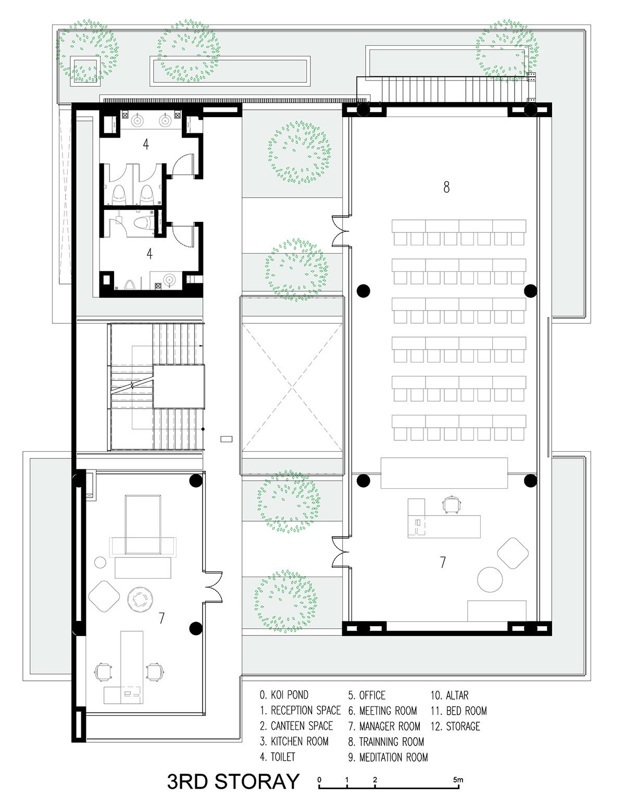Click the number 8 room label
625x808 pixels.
(446, 187)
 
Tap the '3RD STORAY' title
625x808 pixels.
(233, 781)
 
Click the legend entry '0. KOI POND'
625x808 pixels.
(284, 694)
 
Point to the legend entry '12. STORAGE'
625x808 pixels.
(455, 726)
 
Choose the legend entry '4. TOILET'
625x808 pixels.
(277, 757)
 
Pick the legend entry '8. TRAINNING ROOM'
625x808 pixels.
(386, 741)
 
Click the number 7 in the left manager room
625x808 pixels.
(161, 618)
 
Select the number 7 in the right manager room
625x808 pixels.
(443, 562)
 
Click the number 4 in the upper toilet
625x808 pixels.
(146, 144)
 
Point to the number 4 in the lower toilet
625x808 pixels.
(149, 254)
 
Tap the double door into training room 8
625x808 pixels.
(341, 231)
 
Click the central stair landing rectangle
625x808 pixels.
(179, 387)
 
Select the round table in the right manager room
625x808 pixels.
(490, 579)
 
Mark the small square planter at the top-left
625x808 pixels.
(85, 71)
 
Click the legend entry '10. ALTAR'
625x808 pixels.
(449, 695)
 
